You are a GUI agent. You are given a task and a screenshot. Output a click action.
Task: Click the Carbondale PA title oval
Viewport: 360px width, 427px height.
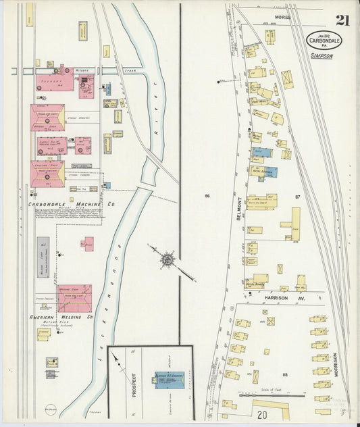pos(324,41)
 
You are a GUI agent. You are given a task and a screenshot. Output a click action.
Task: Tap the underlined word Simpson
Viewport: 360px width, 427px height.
pos(322,57)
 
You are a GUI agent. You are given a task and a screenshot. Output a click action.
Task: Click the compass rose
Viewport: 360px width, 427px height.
pos(166,259)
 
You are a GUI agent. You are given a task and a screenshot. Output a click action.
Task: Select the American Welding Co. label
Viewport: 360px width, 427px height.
pos(61,317)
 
